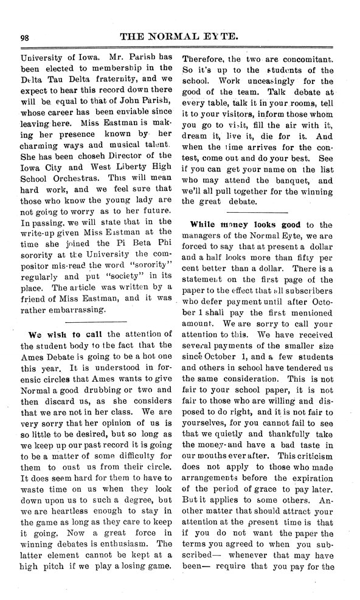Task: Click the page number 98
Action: click(25, 37)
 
